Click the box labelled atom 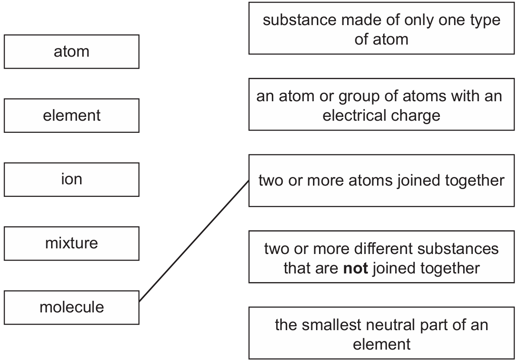[71, 51]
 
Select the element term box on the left [71, 116]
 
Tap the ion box [71, 180]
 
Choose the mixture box [71, 244]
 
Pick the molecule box [71, 307]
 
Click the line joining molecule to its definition [194, 241]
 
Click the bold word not [355, 268]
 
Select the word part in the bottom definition [434, 325]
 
